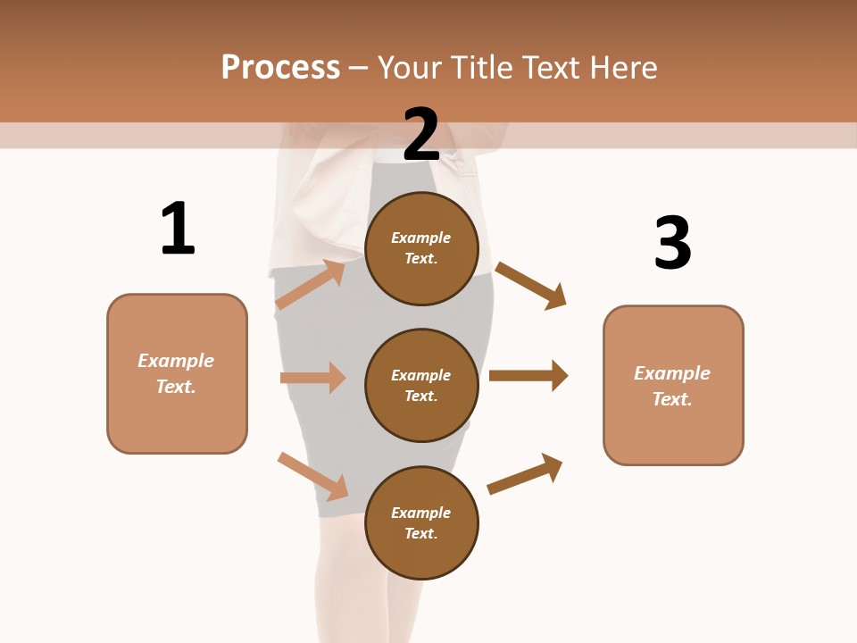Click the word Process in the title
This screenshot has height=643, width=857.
pos(280,68)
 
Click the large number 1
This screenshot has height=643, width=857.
pos(178,230)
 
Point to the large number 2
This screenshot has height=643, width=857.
pos(421,135)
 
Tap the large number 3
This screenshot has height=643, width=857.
pos(672,243)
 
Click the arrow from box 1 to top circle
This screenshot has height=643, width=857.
pos(310,285)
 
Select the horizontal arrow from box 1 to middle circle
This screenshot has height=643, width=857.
pos(312,378)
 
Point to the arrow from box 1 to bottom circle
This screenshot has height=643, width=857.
pos(312,476)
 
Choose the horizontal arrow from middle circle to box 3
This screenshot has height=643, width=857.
pos(528,376)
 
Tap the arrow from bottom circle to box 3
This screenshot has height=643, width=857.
pos(525,473)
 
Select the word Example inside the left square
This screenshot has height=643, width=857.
pos(176,361)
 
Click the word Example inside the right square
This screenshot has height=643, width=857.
pos(672,373)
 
